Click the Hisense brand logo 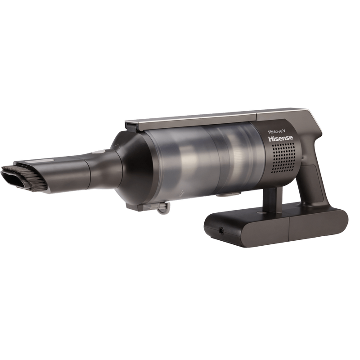pos(280,139)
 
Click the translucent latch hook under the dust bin pos(163,208)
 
